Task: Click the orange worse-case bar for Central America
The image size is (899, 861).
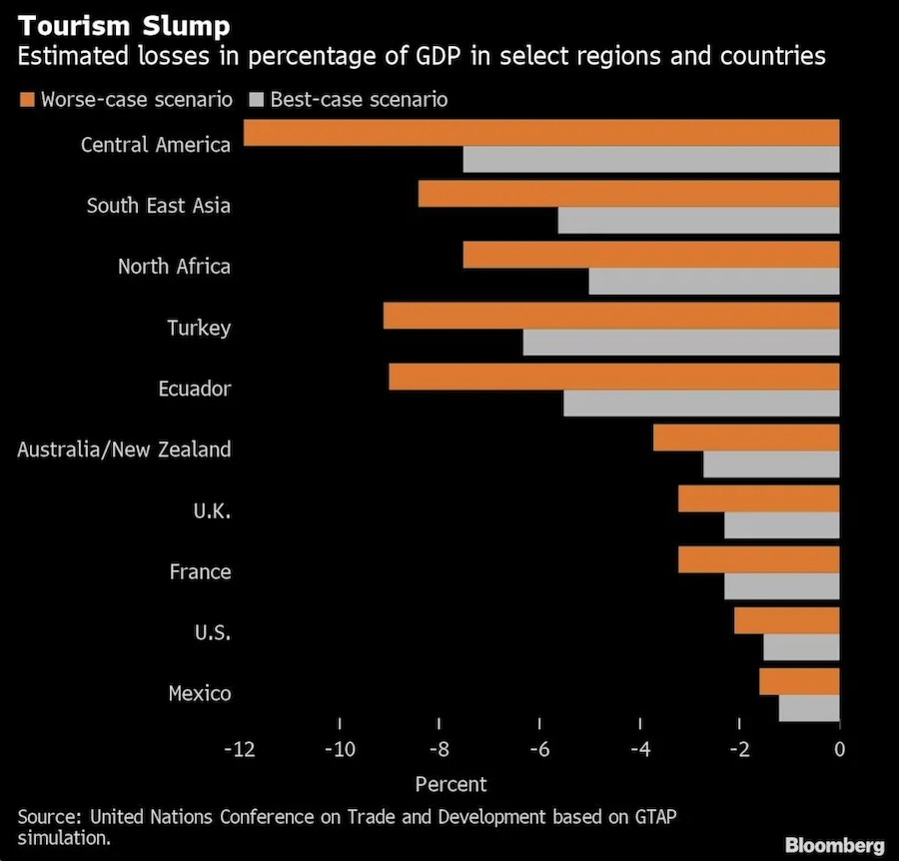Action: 540,133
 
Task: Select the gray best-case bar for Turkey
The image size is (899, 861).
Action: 680,343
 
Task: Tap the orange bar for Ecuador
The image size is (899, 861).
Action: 613,377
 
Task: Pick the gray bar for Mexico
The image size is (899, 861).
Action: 809,708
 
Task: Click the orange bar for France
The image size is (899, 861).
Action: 758,559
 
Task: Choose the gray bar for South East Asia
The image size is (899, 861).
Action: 698,221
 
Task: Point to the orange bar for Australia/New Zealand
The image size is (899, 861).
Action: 745,437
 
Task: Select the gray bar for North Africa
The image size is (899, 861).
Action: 713,282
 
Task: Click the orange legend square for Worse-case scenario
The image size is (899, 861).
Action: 26,99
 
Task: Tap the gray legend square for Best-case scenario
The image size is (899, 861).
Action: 255,99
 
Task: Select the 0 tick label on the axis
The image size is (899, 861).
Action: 839,750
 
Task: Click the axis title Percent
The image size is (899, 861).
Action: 450,784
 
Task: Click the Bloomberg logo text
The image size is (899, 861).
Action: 834,845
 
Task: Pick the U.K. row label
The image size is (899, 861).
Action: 212,510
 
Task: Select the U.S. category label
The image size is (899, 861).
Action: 213,632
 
